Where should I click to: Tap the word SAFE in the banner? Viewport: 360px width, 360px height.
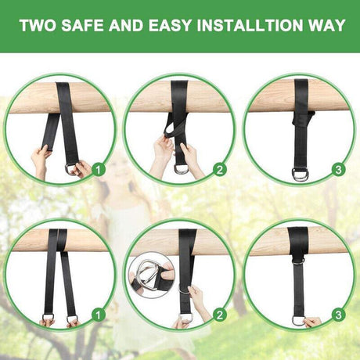pos(83,25)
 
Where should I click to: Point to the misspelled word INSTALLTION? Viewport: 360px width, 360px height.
pos(250,25)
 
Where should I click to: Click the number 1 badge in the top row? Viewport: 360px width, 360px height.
pos(99,170)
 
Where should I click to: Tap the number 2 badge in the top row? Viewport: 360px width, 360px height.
pos(220,170)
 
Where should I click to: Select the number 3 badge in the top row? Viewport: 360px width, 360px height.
pos(338,170)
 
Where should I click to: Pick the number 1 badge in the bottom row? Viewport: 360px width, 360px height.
pos(99,315)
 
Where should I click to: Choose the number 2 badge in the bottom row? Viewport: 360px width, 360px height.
pos(220,315)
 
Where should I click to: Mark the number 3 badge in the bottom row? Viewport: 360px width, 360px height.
pos(338,315)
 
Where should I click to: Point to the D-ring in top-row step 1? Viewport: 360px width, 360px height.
pos(68,171)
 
